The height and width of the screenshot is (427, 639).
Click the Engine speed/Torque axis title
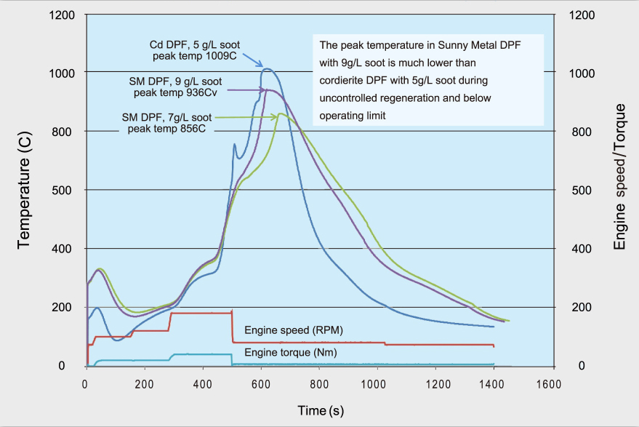(x=619, y=191)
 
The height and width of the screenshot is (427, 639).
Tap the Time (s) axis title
(x=320, y=411)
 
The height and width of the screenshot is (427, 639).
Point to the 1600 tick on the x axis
(x=552, y=383)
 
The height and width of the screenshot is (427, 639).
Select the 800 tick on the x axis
(x=319, y=383)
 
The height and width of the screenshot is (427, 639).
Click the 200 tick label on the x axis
(x=145, y=383)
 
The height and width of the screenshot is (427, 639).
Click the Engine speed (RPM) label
(x=294, y=330)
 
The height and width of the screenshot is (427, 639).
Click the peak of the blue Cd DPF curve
(x=268, y=69)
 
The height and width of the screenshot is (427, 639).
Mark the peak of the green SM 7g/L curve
(x=281, y=113)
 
